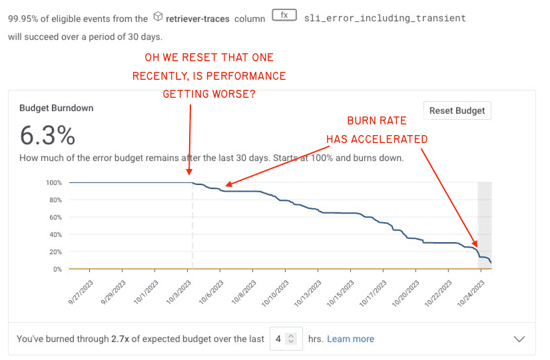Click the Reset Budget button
click(457, 110)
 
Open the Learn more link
click(350, 339)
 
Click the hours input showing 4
click(286, 339)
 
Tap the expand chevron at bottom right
click(520, 339)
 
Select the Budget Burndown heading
click(57, 108)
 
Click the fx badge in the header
click(284, 15)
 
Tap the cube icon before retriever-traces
click(158, 16)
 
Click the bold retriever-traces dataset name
click(198, 19)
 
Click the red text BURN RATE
click(376, 121)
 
